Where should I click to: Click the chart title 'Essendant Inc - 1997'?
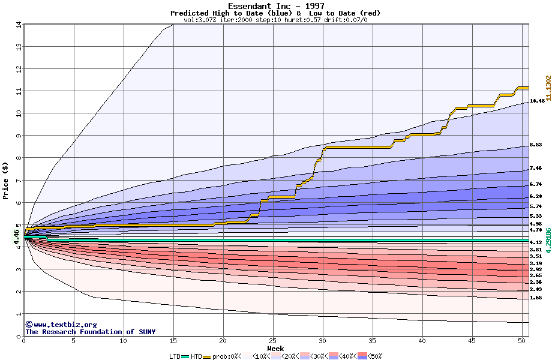pyautogui.click(x=276, y=6)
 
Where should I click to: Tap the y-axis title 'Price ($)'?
pyautogui.click(x=5, y=181)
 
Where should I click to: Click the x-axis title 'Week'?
pyautogui.click(x=275, y=348)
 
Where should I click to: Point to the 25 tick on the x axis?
pyautogui.click(x=273, y=341)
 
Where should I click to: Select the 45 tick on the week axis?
pyautogui.click(x=472, y=341)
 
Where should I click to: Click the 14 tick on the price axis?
pyautogui.click(x=19, y=25)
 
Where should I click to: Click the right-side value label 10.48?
pyautogui.click(x=537, y=101)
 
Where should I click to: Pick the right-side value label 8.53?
pyautogui.click(x=537, y=145)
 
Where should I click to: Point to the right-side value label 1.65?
pyautogui.click(x=537, y=298)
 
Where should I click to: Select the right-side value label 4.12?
pyautogui.click(x=537, y=242)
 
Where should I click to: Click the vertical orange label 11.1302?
pyautogui.click(x=548, y=88)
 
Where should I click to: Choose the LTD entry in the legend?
pyautogui.click(x=175, y=356)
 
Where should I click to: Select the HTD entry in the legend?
pyautogui.click(x=196, y=356)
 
